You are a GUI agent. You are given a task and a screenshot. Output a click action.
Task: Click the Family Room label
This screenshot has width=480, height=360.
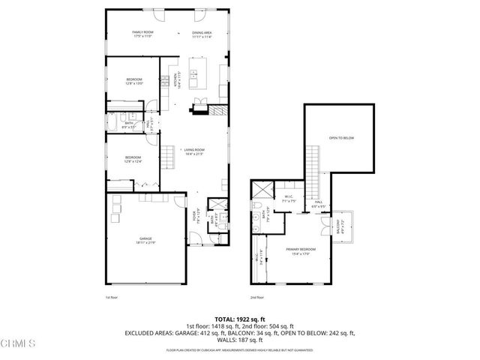pyautogui.click(x=142, y=34)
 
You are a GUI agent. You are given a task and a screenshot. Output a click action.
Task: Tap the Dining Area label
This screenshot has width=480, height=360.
pyautogui.click(x=202, y=34)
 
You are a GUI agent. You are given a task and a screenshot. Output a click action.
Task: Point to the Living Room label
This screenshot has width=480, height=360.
pyautogui.click(x=194, y=151)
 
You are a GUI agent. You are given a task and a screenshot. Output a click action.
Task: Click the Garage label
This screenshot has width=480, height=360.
pyautogui.click(x=145, y=240)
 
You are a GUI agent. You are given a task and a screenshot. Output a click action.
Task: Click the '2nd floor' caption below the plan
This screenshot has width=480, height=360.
pyautogui.click(x=256, y=298)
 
